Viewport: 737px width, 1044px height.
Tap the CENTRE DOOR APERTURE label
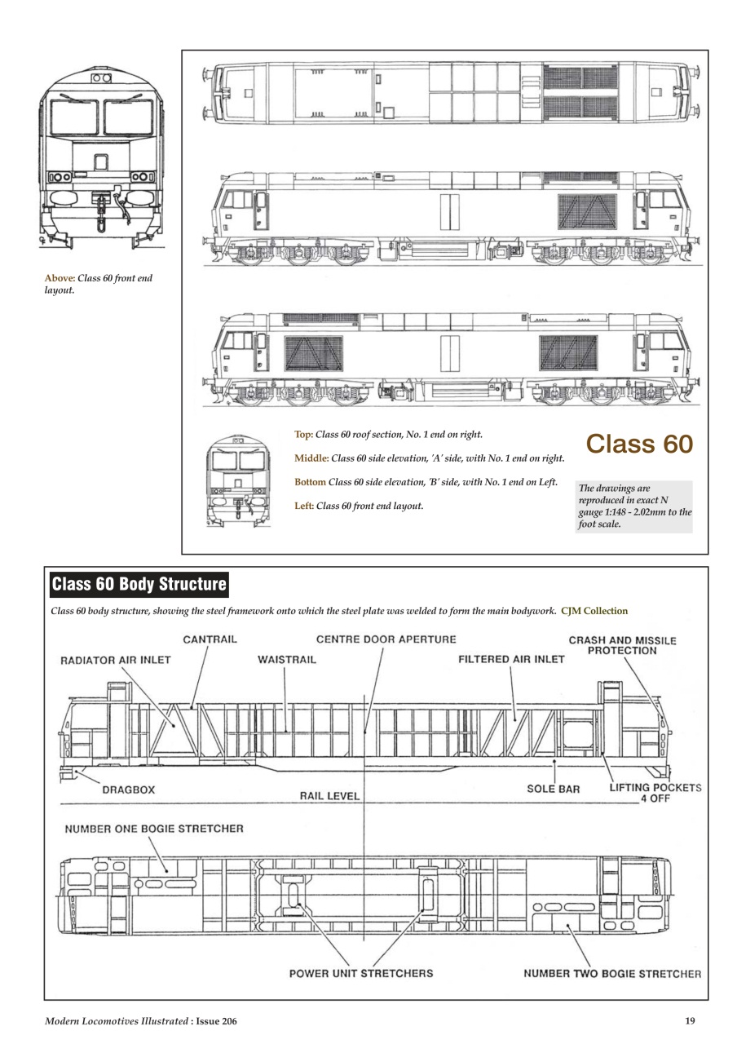[386, 639]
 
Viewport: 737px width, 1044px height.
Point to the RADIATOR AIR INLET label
[116, 660]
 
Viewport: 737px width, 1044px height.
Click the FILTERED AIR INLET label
[511, 660]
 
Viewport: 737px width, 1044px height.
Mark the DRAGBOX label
[129, 790]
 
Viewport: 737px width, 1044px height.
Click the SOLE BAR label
[553, 790]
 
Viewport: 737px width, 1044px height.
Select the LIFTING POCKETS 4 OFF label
[655, 794]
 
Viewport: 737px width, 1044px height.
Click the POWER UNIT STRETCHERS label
[361, 973]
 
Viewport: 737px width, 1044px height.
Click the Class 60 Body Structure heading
[139, 586]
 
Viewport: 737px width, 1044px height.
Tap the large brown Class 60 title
[638, 444]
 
